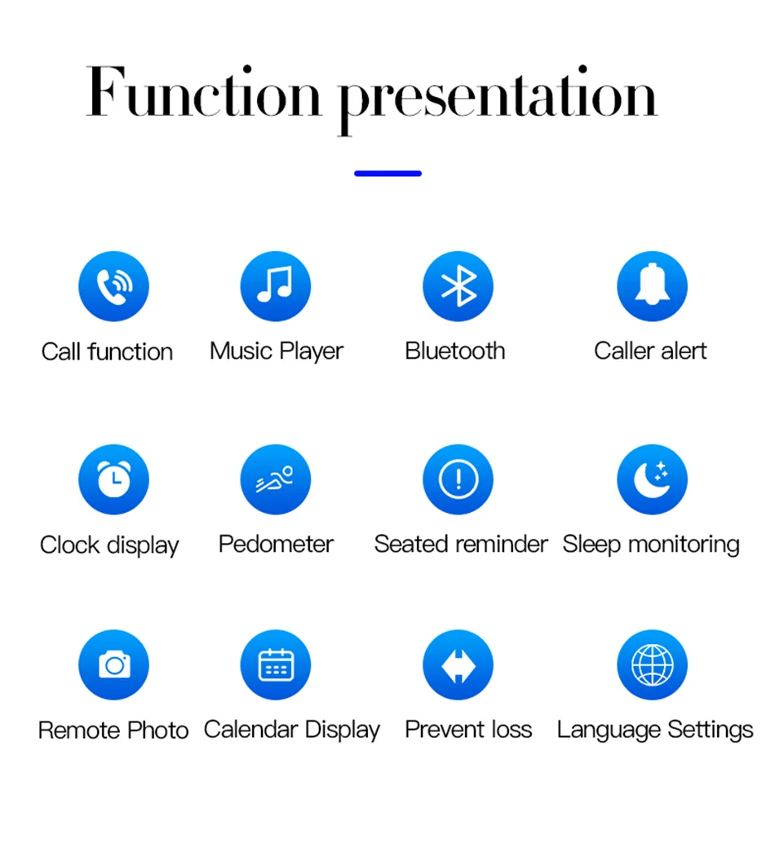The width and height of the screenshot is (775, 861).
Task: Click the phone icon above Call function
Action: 113,286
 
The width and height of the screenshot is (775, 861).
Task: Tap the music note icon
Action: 275,286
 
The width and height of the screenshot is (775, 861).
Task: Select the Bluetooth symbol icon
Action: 458,286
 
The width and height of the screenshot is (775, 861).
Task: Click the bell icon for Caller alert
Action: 652,286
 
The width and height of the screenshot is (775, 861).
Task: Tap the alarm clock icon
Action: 113,479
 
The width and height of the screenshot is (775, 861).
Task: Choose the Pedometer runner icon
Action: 275,479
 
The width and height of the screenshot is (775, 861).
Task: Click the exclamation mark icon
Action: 458,479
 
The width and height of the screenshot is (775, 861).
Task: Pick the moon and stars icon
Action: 652,479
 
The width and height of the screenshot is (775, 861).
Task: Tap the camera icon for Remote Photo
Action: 113,665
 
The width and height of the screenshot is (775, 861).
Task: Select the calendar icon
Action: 275,665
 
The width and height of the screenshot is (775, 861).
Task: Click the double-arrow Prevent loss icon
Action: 458,665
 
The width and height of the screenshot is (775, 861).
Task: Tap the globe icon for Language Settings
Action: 652,665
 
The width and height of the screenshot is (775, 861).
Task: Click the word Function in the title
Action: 203,91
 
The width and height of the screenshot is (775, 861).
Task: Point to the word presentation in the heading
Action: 498,99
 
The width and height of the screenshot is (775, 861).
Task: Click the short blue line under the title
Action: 387,174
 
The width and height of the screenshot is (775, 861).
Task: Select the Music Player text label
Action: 277,351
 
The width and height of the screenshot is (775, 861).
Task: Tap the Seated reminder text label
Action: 461,544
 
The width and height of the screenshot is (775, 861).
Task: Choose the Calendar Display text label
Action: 292,731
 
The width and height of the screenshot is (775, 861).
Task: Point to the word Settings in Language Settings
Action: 711,731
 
